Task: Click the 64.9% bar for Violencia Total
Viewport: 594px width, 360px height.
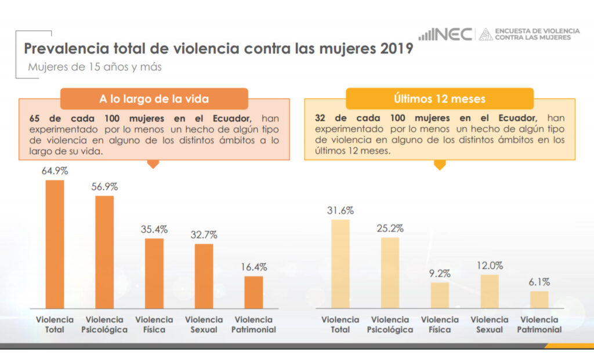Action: coord(55,244)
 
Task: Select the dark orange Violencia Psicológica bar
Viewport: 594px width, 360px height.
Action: coord(104,252)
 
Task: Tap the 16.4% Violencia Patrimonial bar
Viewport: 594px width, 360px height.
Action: coord(253,292)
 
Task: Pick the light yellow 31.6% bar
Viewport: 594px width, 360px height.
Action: coord(341,264)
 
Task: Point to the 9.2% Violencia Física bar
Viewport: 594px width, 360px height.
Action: coord(440,295)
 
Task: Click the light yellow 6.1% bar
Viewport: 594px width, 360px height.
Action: coord(539,300)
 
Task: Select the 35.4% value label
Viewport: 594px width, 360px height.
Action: coord(154,230)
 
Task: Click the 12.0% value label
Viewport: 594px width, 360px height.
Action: coord(490,266)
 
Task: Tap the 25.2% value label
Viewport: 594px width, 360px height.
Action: coord(390,228)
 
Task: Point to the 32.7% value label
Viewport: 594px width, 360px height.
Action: coord(204,235)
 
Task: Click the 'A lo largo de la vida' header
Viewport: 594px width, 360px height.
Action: coord(154,99)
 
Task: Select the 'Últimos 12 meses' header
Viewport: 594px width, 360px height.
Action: coord(439,99)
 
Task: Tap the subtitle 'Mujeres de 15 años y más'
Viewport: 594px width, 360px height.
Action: coord(95,67)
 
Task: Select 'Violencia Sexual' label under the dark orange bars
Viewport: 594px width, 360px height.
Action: coord(204,325)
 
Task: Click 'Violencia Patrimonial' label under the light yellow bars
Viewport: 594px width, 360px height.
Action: coord(539,325)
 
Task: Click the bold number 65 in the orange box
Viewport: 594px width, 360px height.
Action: coord(34,118)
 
